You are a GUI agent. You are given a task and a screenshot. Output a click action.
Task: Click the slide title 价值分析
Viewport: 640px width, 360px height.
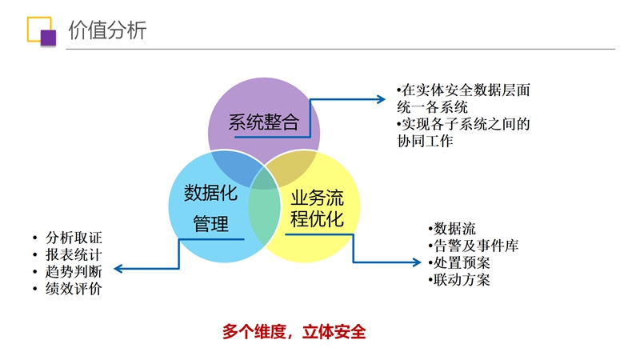pos(107,30)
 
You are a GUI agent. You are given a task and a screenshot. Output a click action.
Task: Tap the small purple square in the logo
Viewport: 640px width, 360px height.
pos(48,38)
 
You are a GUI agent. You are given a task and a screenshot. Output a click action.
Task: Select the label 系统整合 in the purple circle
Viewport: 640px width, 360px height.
pos(264,122)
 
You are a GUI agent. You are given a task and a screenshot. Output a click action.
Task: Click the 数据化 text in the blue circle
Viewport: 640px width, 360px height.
pos(210,193)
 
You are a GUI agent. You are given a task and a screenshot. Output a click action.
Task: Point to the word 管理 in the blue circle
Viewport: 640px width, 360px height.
pos(210,224)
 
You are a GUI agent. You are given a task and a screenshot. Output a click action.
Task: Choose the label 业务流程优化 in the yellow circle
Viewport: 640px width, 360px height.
pos(317,209)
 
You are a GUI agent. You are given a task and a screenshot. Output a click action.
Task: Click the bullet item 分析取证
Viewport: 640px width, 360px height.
pos(74,237)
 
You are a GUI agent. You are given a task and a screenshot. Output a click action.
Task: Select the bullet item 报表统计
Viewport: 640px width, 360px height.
pos(74,254)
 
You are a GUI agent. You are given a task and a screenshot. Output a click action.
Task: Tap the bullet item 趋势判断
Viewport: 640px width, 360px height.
pos(74,272)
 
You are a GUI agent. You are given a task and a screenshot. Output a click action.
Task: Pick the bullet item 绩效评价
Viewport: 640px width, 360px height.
pos(74,289)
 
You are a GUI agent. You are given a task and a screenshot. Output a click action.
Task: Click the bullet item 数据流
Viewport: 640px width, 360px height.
pos(452,229)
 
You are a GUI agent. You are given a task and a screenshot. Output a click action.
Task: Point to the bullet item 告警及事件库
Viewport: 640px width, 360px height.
pos(474,246)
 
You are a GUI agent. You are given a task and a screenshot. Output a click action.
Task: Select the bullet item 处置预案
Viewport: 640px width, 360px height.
pos(459,263)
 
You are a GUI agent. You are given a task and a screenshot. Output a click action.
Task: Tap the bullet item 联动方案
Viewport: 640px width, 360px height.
pos(459,280)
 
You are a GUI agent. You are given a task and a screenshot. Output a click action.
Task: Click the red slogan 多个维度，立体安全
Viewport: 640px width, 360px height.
pos(294,332)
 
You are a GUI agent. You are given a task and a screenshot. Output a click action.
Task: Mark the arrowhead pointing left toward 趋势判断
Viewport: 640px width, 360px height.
pos(118,269)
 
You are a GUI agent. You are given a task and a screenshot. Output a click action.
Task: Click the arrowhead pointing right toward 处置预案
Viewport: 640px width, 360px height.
pos(417,262)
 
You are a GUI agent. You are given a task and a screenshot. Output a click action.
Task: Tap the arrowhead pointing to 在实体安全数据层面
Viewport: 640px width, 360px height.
pos(382,99)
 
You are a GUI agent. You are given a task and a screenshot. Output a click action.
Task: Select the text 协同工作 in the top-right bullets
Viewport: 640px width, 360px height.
pos(425,142)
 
